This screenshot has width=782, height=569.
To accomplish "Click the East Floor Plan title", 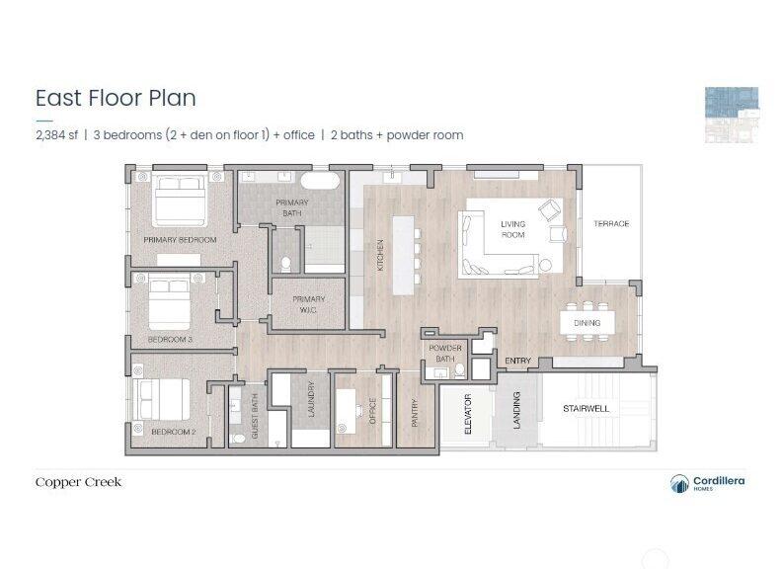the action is coord(116,98).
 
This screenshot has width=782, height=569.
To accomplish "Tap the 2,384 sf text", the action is coord(57,134).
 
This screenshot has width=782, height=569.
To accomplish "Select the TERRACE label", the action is coord(611,223).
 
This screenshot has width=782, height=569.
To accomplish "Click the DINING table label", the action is coord(587,323).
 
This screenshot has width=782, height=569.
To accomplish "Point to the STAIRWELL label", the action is coord(586,408).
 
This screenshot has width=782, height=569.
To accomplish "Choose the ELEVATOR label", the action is coord(468,414).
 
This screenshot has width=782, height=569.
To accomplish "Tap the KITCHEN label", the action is coord(380,255).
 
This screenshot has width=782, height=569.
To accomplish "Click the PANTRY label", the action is coord(414,412).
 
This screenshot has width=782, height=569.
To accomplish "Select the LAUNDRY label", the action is coord(312,399).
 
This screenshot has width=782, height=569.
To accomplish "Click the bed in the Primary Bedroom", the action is coord(179,200).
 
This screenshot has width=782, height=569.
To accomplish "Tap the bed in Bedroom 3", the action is coord(170,301).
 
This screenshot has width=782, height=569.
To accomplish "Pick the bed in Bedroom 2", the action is coord(161,399).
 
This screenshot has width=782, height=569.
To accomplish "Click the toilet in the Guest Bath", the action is coord(238,439).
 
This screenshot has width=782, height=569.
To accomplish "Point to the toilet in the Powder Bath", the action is coord(459,369).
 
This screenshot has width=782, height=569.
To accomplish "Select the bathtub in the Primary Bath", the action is coord(320,181).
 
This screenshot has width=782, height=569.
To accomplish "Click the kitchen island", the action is coord(404,255).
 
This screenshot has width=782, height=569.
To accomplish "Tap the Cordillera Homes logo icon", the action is coord(679,483).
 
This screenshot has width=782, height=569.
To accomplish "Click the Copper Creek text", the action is coord(78,482).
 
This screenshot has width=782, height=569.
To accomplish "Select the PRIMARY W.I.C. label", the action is coord(309,304).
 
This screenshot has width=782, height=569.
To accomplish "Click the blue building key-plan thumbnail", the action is coord(732,115).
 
